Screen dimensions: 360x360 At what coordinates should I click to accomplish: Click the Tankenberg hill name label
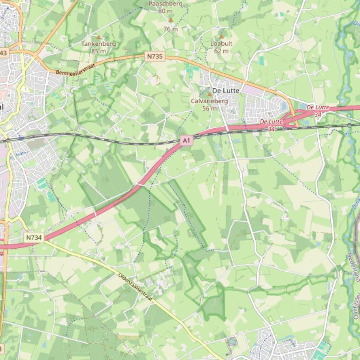pos(98,44)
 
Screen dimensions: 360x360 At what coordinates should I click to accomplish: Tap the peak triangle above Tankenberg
pos(98,36)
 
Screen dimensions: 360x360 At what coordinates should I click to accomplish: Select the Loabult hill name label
pos(221,43)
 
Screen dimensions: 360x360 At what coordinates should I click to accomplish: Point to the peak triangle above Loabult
pos(221,36)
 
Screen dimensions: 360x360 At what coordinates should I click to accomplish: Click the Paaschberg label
pos(165,4)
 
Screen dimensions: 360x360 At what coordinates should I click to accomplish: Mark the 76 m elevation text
pos(170,29)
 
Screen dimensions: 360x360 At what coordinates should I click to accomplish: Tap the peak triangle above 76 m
pos(170,20)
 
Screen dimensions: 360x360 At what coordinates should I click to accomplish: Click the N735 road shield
pos(154,57)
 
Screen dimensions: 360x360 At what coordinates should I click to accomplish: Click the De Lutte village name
pos(226,91)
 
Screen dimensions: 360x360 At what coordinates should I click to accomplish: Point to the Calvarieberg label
pos(209,101)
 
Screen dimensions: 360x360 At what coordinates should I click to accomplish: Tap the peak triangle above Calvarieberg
pos(209,94)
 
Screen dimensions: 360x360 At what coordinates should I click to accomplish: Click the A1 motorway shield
pos(187,140)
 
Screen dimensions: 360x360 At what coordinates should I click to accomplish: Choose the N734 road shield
pos(34,238)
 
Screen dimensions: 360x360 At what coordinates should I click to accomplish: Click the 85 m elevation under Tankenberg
pos(98,51)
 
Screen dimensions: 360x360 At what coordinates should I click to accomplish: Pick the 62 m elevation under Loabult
pos(221,50)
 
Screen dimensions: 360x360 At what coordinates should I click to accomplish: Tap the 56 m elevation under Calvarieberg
pos(209,108)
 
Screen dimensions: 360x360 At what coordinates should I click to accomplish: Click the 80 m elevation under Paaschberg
pos(165,11)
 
